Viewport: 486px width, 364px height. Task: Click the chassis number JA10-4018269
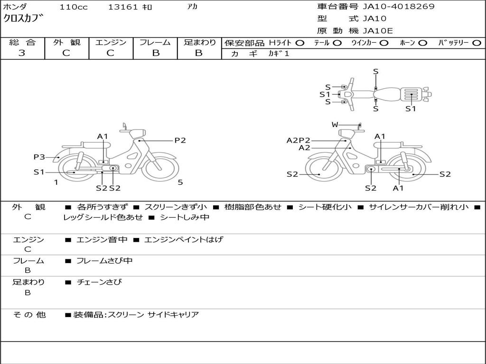(x=398, y=7)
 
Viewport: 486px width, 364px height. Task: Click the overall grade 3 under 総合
(x=22, y=53)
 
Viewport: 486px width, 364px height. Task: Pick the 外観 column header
(x=66, y=42)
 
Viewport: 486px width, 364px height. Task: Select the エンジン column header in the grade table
(x=111, y=42)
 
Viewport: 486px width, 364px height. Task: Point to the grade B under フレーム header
(x=155, y=53)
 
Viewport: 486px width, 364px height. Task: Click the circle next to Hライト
(x=299, y=43)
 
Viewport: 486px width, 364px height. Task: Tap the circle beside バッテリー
(x=477, y=43)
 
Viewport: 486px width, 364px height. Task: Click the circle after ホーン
(x=422, y=43)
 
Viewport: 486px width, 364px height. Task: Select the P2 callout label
(x=180, y=140)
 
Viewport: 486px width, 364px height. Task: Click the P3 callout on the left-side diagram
(x=39, y=157)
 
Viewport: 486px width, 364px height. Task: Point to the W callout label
(x=335, y=125)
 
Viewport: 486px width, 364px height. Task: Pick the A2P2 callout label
(x=299, y=140)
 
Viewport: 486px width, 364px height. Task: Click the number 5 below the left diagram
(x=180, y=182)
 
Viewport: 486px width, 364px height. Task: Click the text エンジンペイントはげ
(x=183, y=240)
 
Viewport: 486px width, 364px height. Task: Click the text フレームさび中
(x=104, y=261)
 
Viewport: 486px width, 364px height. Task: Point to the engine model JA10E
(x=378, y=31)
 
